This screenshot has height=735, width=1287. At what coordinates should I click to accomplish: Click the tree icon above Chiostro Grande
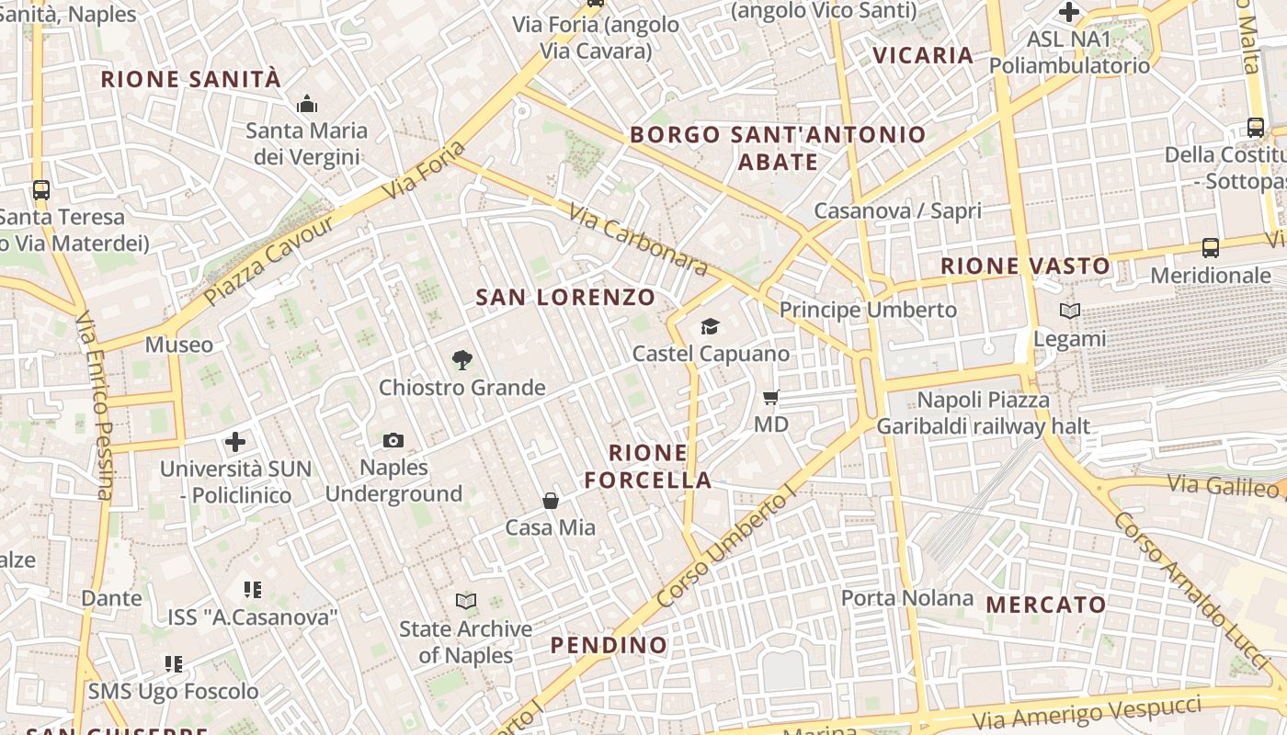pos(461,360)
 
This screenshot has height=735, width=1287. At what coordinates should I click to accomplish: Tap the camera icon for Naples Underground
pos(393,440)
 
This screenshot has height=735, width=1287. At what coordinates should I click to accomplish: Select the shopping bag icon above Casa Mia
pos(550,501)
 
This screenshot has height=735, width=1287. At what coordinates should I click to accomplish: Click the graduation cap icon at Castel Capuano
pos(710,326)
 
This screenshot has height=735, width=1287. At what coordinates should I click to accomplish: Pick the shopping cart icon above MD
pos(770,398)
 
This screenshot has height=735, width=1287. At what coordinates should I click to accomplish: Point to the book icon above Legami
pos(1069,311)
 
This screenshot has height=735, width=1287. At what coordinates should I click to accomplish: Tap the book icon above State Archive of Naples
pos(466,602)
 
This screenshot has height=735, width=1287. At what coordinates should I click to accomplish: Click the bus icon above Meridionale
pos(1210,248)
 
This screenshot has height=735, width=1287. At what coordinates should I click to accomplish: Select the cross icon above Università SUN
pos(235,442)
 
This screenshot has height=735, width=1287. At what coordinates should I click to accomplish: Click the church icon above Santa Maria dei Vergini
pos(307,104)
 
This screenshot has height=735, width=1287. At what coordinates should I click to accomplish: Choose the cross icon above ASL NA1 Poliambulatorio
pos(1068,12)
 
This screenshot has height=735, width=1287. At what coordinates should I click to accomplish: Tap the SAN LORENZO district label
pos(565,298)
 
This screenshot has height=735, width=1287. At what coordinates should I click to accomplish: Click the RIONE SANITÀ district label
pos(191,79)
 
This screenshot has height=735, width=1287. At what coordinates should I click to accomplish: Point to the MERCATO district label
pos(1045,605)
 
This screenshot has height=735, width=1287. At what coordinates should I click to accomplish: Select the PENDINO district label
pos(609,645)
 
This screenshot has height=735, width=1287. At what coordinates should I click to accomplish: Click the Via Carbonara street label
pos(638,240)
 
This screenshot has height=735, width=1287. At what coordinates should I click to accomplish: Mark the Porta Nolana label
pos(906,598)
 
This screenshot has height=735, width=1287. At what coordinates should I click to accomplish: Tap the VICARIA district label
pos(923,55)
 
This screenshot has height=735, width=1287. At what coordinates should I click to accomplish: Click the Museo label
pos(178,345)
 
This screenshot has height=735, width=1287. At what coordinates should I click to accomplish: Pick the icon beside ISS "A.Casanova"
pos(253,589)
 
